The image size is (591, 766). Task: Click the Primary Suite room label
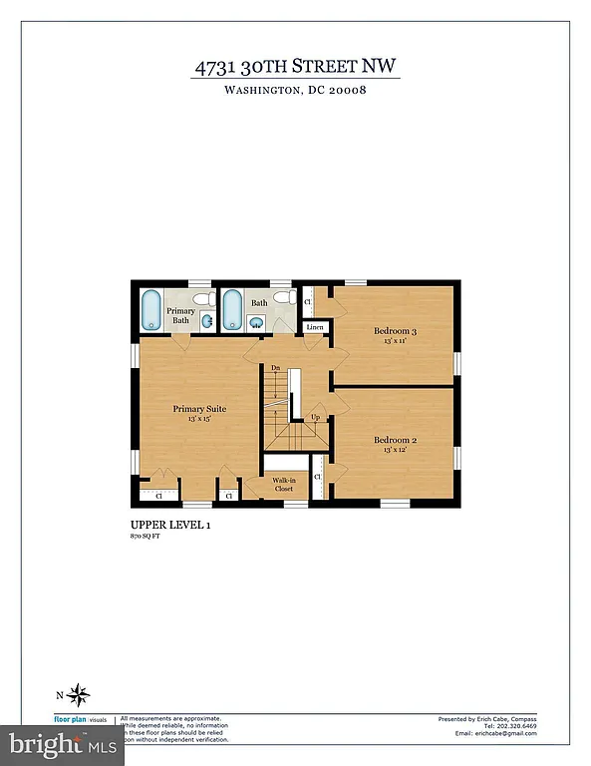click(199, 409)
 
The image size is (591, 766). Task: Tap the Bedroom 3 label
click(395, 330)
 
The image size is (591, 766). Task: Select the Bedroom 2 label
click(395, 440)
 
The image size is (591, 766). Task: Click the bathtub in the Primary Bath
click(151, 309)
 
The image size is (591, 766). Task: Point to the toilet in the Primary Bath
click(202, 298)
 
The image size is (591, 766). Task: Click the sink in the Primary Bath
click(207, 321)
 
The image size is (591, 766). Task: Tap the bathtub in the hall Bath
click(232, 309)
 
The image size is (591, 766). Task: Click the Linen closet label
click(315, 327)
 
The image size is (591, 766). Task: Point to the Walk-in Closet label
click(284, 485)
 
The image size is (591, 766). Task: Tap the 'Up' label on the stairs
click(315, 417)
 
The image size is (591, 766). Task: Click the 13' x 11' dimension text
click(395, 341)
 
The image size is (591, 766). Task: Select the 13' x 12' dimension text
click(395, 451)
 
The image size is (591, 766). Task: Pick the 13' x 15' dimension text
click(199, 420)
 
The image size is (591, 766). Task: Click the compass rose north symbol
click(81, 695)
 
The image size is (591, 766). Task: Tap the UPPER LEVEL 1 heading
click(170, 524)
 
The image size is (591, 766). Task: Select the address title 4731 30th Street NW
click(296, 68)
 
